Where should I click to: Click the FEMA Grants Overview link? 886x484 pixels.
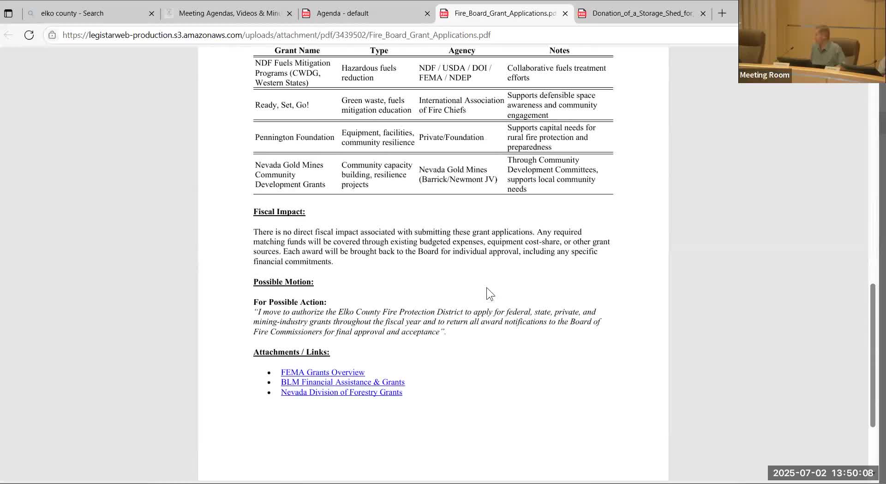[323, 372]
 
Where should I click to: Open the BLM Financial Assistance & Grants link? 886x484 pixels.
[342, 382]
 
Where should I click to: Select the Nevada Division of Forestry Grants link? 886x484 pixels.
[341, 392]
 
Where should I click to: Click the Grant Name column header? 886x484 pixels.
[297, 50]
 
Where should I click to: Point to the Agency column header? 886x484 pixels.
[461, 50]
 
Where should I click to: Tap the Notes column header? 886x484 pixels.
[559, 50]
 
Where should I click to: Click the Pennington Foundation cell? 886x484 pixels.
[294, 137]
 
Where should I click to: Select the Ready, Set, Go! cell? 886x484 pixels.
[282, 105]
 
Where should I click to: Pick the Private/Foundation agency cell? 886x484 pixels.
[451, 137]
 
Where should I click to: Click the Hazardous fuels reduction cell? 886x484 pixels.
[369, 73]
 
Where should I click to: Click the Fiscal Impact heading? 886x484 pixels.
[279, 212]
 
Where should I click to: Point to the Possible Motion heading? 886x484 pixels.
[283, 282]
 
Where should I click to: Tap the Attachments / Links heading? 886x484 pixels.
[291, 352]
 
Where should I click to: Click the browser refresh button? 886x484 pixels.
[29, 35]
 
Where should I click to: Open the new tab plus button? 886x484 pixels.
[722, 13]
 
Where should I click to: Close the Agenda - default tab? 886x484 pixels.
[427, 13]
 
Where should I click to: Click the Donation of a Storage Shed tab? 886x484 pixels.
[642, 13]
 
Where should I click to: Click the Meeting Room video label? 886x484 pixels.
[764, 75]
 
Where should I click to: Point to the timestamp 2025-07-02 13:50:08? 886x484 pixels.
[823, 473]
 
